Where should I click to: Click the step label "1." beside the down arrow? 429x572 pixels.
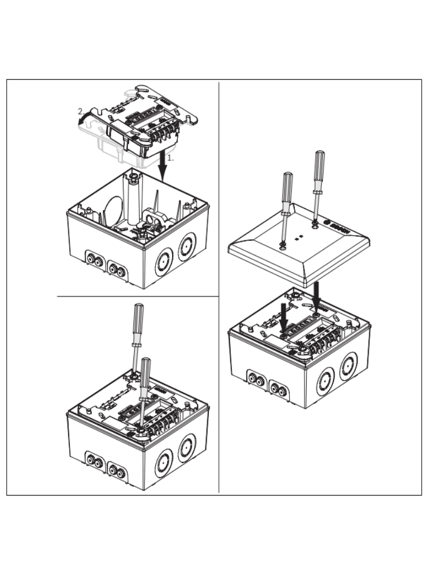[171, 158]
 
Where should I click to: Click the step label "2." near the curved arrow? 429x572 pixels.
[80, 111]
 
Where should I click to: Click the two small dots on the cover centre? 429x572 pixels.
[300, 237]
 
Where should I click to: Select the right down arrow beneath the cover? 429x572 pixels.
[316, 297]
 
